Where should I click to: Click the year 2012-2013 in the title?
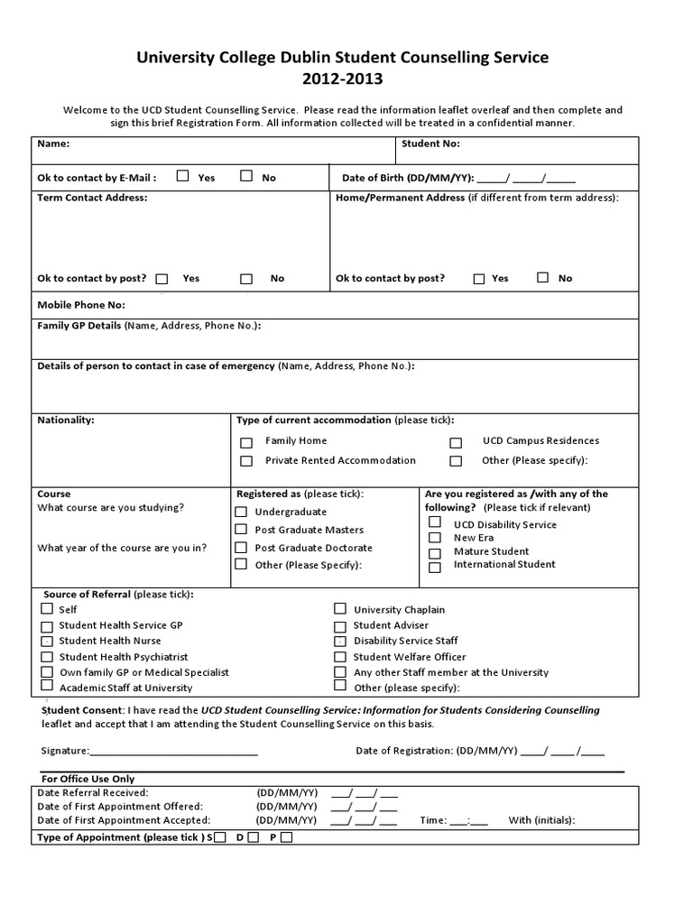[x=342, y=79]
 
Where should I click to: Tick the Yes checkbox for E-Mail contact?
[x=182, y=176]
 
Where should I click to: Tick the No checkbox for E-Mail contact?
[x=245, y=176]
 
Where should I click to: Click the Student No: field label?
[x=430, y=143]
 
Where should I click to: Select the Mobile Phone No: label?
[x=81, y=305]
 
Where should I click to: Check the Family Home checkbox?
[x=246, y=443]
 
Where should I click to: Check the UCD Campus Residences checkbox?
[x=456, y=443]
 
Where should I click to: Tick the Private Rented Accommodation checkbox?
[x=246, y=461]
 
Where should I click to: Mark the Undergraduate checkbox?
[x=241, y=512]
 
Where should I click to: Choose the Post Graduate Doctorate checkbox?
[x=241, y=548]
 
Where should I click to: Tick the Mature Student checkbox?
[x=435, y=552]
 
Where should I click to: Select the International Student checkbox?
[x=435, y=568]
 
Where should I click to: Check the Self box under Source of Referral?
[x=47, y=609]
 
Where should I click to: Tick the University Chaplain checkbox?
[x=340, y=609]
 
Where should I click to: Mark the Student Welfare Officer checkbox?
[x=340, y=657]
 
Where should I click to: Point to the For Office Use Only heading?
[x=88, y=779]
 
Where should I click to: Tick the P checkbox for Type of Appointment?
[x=286, y=837]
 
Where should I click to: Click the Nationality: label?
[x=65, y=420]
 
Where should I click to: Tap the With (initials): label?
[x=541, y=820]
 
